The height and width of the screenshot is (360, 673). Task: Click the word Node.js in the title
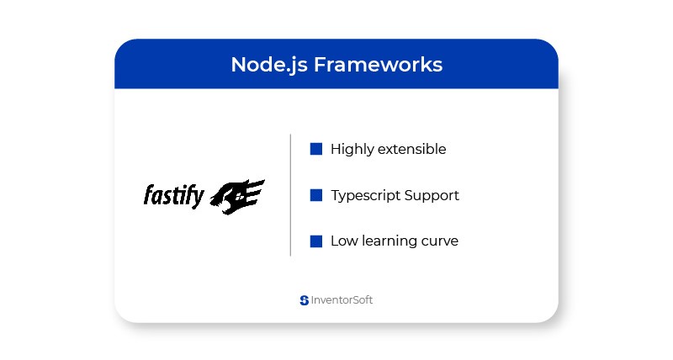click(x=269, y=66)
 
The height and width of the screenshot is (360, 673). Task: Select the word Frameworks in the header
click(x=378, y=65)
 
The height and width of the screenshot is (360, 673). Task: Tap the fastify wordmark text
click(x=174, y=196)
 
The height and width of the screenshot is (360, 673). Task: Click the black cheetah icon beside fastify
click(x=237, y=197)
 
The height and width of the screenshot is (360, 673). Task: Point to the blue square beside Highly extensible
click(x=316, y=149)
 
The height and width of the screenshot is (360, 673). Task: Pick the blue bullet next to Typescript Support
click(x=316, y=195)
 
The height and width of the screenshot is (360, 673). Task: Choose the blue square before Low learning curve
click(x=316, y=241)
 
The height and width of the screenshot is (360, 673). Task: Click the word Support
click(x=432, y=196)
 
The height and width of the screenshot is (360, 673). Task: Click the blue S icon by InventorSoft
click(x=305, y=300)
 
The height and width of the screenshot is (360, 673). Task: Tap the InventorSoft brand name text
click(x=342, y=300)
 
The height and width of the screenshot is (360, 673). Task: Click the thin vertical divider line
click(x=290, y=195)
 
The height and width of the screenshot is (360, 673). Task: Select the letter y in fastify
click(x=198, y=199)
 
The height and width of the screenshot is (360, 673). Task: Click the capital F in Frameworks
click(x=321, y=65)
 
